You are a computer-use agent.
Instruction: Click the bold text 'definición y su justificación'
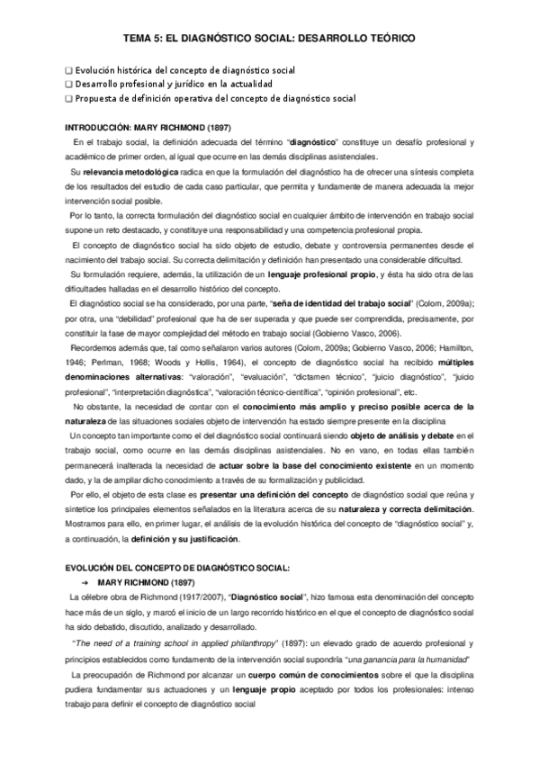click(x=185, y=514)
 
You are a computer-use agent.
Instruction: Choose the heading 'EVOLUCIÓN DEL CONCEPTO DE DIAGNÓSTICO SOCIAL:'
click(x=179, y=569)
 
